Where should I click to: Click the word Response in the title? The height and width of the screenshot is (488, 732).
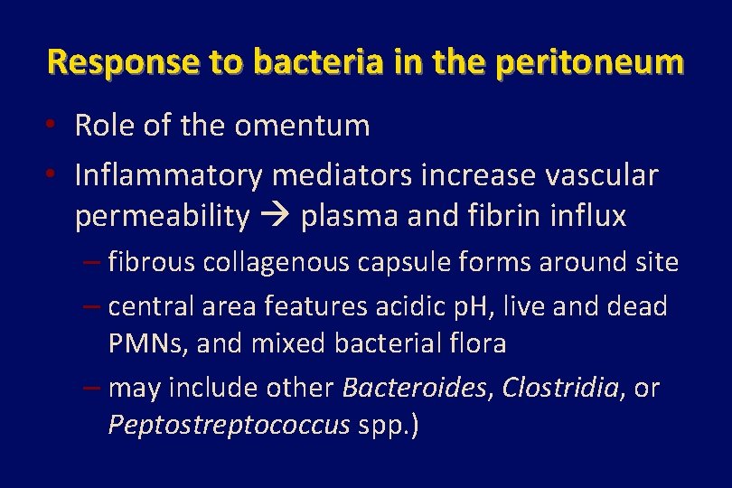[104, 62]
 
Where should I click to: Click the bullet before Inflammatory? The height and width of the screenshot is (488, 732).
[56, 172]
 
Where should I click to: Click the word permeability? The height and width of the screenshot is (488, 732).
[162, 217]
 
